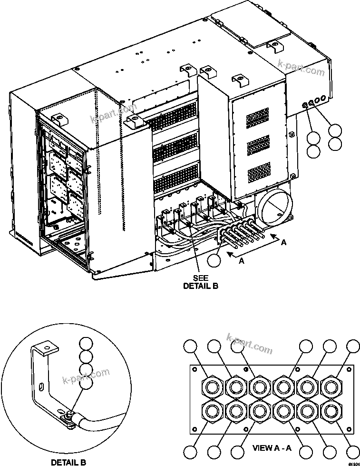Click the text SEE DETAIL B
tap(201, 282)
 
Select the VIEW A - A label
tap(271, 447)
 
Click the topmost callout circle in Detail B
tap(86, 344)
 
